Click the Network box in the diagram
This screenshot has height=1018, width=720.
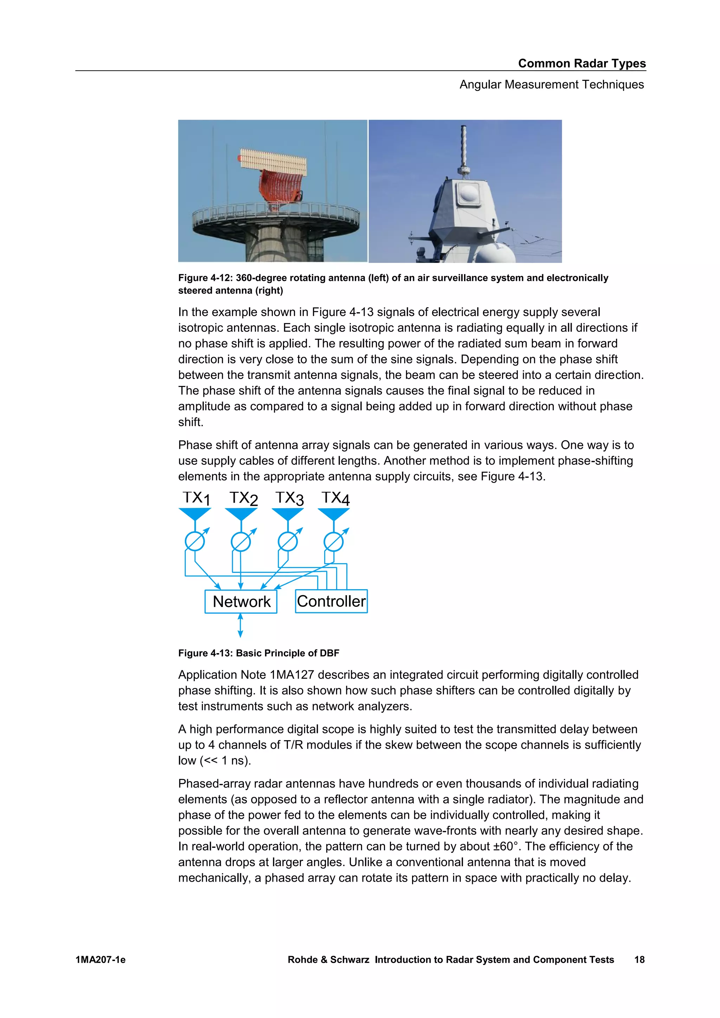pyautogui.click(x=241, y=602)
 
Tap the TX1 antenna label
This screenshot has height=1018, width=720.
pyautogui.click(x=196, y=498)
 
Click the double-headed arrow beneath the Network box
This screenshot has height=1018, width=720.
pyautogui.click(x=240, y=625)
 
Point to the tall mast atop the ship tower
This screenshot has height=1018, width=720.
pyautogui.click(x=464, y=146)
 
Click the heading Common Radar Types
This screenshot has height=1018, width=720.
pyautogui.click(x=582, y=63)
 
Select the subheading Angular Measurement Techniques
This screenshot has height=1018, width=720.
pyautogui.click(x=552, y=84)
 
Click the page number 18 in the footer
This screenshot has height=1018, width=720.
pyautogui.click(x=639, y=960)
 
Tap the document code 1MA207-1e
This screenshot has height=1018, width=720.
pyautogui.click(x=100, y=960)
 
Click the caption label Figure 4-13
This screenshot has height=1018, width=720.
pyautogui.click(x=205, y=653)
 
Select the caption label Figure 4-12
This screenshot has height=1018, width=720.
pyautogui.click(x=205, y=278)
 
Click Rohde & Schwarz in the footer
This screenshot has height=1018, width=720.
pyautogui.click(x=328, y=960)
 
